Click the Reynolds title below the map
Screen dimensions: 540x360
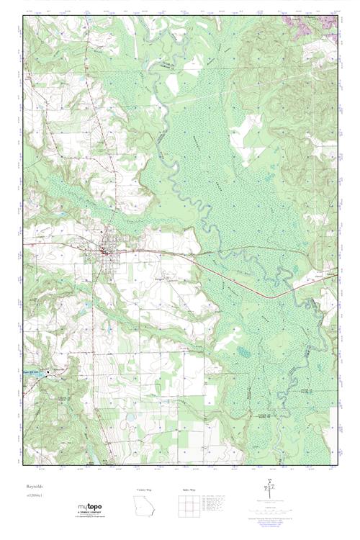(35, 487)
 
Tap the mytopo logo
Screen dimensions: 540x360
(91, 505)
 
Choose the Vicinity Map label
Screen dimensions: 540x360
(145, 489)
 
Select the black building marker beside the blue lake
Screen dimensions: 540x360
(48, 372)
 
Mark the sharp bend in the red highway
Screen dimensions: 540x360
(270, 296)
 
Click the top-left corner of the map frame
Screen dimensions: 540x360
(23, 16)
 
